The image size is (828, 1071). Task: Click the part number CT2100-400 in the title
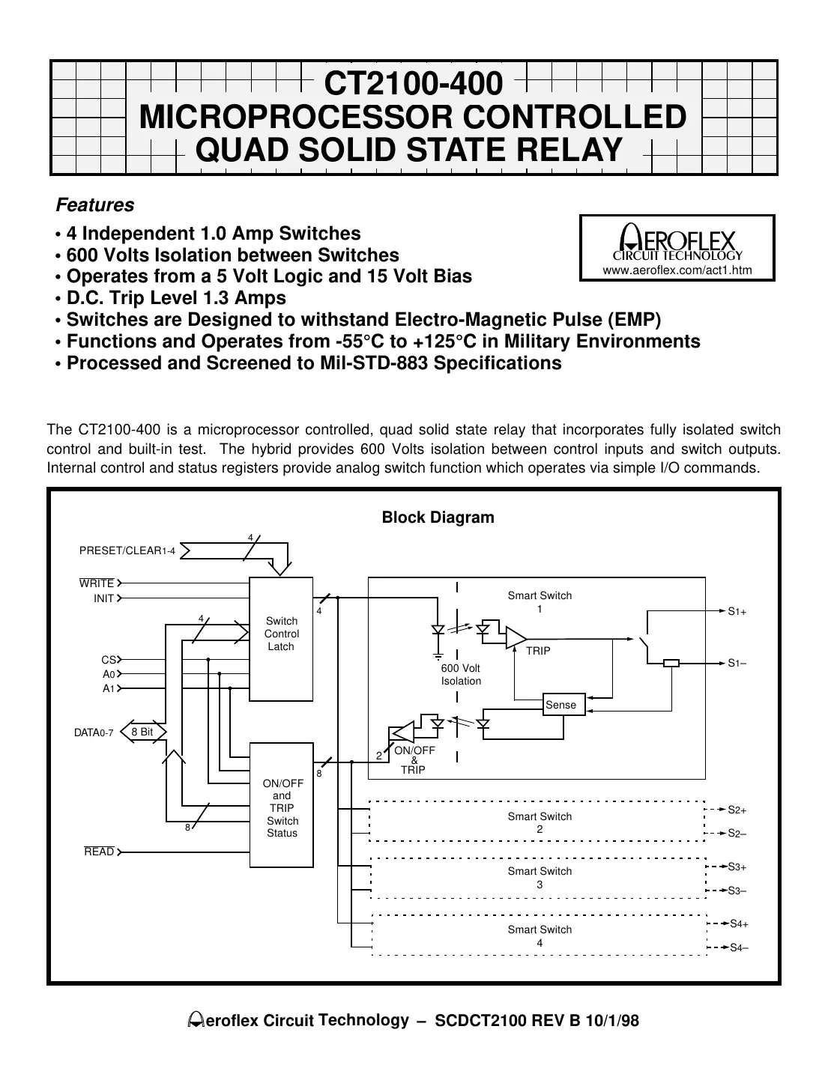tap(413, 83)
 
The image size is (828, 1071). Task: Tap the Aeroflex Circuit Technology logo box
tap(677, 247)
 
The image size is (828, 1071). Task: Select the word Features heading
tap(95, 204)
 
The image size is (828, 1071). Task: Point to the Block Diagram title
tap(438, 518)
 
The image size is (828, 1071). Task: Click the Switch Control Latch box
tap(281, 638)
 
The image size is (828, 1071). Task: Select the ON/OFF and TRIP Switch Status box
tap(281, 805)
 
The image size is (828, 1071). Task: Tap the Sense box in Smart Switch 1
tap(560, 705)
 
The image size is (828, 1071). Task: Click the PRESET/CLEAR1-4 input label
tap(127, 551)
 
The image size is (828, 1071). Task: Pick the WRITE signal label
tap(97, 583)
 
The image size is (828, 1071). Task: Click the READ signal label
tap(99, 852)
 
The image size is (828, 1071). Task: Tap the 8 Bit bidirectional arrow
tap(142, 732)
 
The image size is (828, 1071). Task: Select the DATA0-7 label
tap(94, 732)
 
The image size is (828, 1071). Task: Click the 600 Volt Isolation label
tap(461, 674)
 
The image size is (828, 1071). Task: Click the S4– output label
tap(739, 947)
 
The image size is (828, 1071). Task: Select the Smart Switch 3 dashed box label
tap(540, 878)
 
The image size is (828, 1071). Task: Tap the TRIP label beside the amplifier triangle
tap(537, 651)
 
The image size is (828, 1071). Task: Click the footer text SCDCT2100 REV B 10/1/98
tap(537, 1021)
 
